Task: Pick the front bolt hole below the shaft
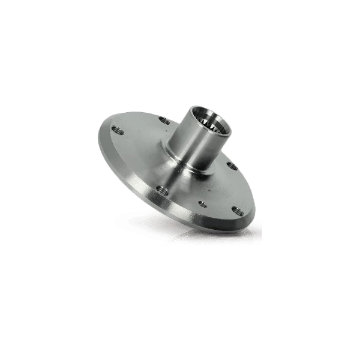click(160, 191)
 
